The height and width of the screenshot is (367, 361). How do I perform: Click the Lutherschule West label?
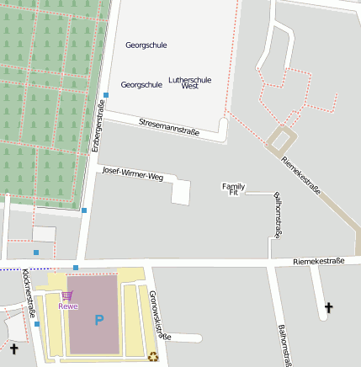coord(189,82)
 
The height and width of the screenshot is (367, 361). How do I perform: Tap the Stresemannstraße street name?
coord(169,126)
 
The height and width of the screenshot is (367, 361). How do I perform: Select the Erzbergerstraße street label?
coord(98,126)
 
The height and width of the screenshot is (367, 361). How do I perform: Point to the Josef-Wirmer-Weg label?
coord(132,174)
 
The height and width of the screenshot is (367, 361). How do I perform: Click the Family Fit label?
coord(233,189)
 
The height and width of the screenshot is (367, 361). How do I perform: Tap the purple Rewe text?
coord(68,306)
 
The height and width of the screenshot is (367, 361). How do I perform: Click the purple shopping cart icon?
coord(66,295)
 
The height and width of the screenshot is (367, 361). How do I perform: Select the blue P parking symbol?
coord(98,320)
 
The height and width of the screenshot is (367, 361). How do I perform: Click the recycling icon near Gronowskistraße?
coord(152,356)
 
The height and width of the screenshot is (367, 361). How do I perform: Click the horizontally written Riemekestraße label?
coord(319,262)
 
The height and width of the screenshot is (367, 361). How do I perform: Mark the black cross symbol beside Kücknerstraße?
coord(13,348)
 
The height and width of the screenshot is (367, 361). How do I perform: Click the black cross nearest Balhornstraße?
coord(328,309)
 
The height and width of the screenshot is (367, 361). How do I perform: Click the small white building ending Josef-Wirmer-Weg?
coord(181,192)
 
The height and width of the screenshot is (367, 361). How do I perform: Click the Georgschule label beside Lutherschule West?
coord(141,85)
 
